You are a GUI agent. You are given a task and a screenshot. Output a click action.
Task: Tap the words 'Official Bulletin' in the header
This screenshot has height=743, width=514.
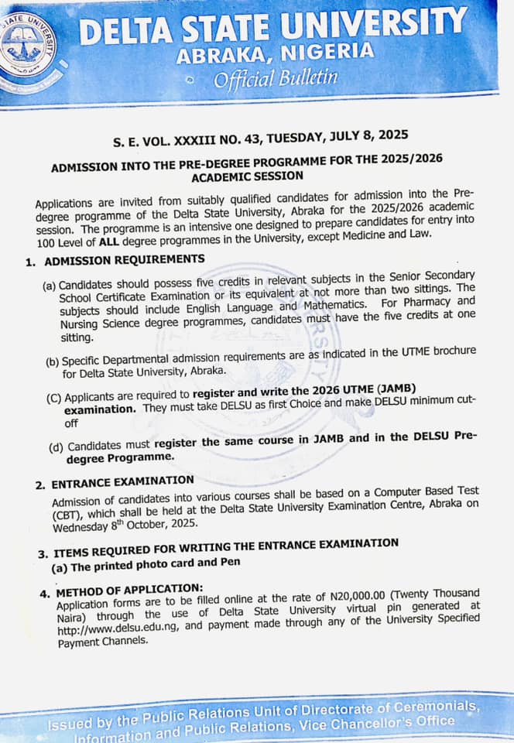click(276, 78)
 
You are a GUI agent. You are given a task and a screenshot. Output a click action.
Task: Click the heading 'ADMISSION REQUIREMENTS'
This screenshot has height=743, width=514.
click(125, 260)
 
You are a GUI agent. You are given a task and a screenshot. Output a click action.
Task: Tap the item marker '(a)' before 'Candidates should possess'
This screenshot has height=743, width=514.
click(50, 286)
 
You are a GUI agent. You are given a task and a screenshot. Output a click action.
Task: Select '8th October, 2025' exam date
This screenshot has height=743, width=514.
click(145, 526)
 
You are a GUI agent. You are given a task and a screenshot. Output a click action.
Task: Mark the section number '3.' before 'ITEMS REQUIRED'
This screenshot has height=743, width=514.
click(43, 553)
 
